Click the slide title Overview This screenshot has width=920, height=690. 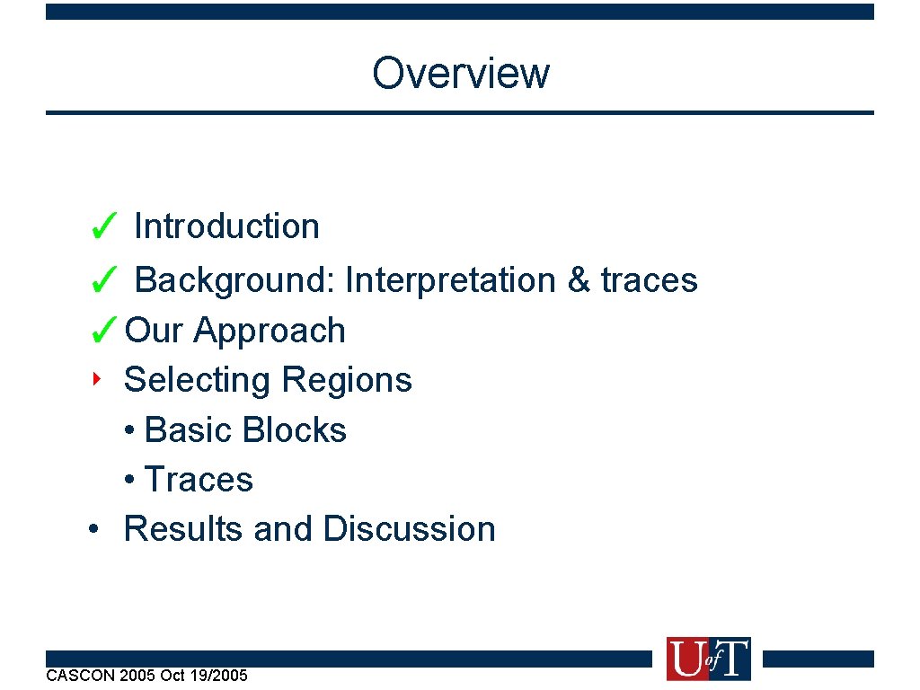(460, 73)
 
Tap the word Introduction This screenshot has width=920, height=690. (226, 226)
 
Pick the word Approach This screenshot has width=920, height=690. (270, 332)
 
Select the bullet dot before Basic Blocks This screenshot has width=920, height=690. (131, 430)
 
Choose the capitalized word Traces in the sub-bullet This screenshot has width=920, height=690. (199, 480)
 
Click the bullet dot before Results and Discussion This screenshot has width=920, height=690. (93, 528)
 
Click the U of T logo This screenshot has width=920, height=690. (708, 659)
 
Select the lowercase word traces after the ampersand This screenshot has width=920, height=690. (650, 280)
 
